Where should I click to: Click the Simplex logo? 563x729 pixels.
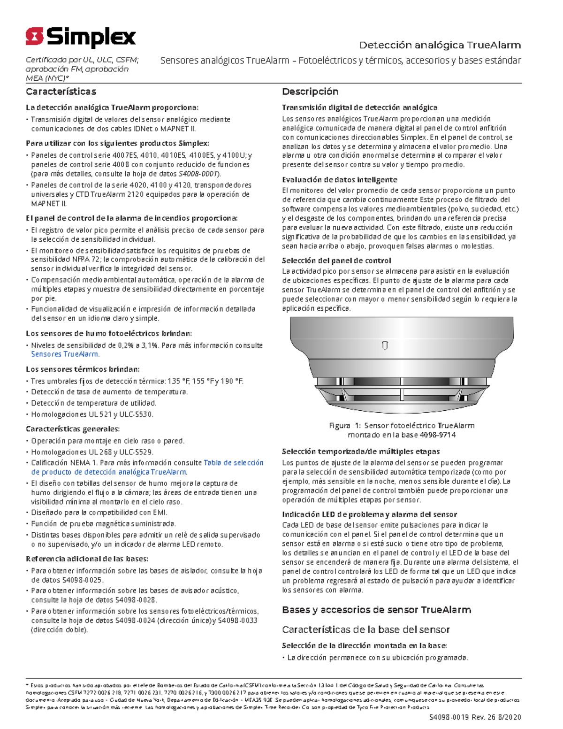click(x=81, y=37)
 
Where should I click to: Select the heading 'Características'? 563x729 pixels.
click(x=61, y=92)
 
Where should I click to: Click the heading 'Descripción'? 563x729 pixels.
click(x=310, y=92)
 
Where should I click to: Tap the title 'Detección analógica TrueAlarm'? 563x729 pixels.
click(x=440, y=45)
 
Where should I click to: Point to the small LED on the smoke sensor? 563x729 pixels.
click(x=385, y=346)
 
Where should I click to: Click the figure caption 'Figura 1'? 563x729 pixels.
click(x=344, y=426)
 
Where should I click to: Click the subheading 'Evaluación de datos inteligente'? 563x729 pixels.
click(x=339, y=180)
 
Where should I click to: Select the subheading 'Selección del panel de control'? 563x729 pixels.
click(x=336, y=261)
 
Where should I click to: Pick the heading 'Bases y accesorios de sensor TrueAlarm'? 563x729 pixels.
click(x=376, y=610)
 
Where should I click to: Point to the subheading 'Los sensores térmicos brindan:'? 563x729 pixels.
click(x=83, y=369)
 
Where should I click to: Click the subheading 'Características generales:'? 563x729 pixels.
click(x=73, y=429)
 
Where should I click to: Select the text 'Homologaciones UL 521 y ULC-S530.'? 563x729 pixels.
click(x=92, y=414)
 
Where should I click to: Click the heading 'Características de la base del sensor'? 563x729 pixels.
click(x=365, y=629)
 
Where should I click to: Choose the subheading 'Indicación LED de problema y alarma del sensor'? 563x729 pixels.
click(x=369, y=514)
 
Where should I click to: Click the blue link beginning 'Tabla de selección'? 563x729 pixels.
click(x=233, y=463)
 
